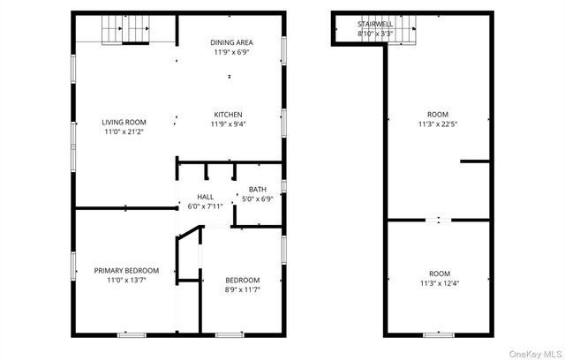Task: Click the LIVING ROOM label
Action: click(x=124, y=123)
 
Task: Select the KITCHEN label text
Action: click(x=228, y=115)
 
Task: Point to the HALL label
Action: click(x=205, y=197)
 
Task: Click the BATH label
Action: click(x=257, y=190)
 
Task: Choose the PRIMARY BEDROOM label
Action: click(x=126, y=270)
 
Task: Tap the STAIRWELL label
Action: click(x=375, y=24)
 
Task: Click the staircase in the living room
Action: click(x=124, y=31)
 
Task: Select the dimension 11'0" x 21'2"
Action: click(x=124, y=132)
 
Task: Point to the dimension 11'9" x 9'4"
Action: click(x=228, y=124)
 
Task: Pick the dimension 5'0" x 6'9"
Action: click(x=257, y=199)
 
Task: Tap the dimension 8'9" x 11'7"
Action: click(x=241, y=289)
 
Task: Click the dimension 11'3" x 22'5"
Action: click(x=438, y=124)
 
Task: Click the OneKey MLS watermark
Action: click(x=535, y=351)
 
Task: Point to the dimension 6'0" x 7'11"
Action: click(x=205, y=206)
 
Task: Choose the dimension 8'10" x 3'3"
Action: click(x=375, y=34)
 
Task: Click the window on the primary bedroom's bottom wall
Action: click(x=132, y=334)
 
